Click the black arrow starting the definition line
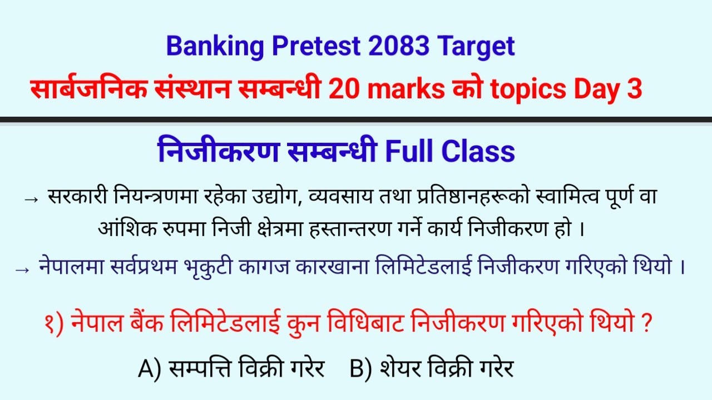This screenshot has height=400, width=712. tap(32, 199)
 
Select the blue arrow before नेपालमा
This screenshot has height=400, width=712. tap(23, 269)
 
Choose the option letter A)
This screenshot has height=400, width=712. tap(149, 368)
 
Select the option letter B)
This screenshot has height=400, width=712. tap(360, 368)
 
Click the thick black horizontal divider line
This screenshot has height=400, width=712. tap(356, 119)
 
